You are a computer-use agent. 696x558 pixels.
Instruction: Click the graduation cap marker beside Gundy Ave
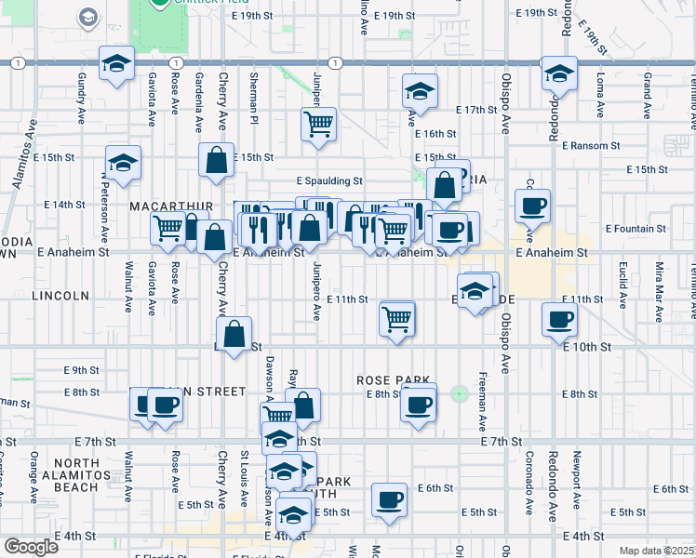point(116,65)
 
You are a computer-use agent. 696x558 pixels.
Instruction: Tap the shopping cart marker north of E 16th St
point(318,124)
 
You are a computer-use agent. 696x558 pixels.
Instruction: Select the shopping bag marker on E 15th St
point(216,160)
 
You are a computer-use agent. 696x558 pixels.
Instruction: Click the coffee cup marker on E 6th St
point(389,500)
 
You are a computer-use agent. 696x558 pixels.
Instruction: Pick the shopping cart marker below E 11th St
point(397,320)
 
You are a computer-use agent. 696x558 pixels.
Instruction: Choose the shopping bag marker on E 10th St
point(234,334)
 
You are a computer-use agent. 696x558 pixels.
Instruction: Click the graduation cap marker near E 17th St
point(420,92)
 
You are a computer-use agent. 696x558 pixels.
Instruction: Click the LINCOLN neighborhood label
point(60,296)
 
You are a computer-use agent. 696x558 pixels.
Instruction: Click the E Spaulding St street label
point(328,181)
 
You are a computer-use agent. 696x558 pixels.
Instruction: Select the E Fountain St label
point(636,228)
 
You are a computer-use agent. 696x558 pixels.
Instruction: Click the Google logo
point(32,547)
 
